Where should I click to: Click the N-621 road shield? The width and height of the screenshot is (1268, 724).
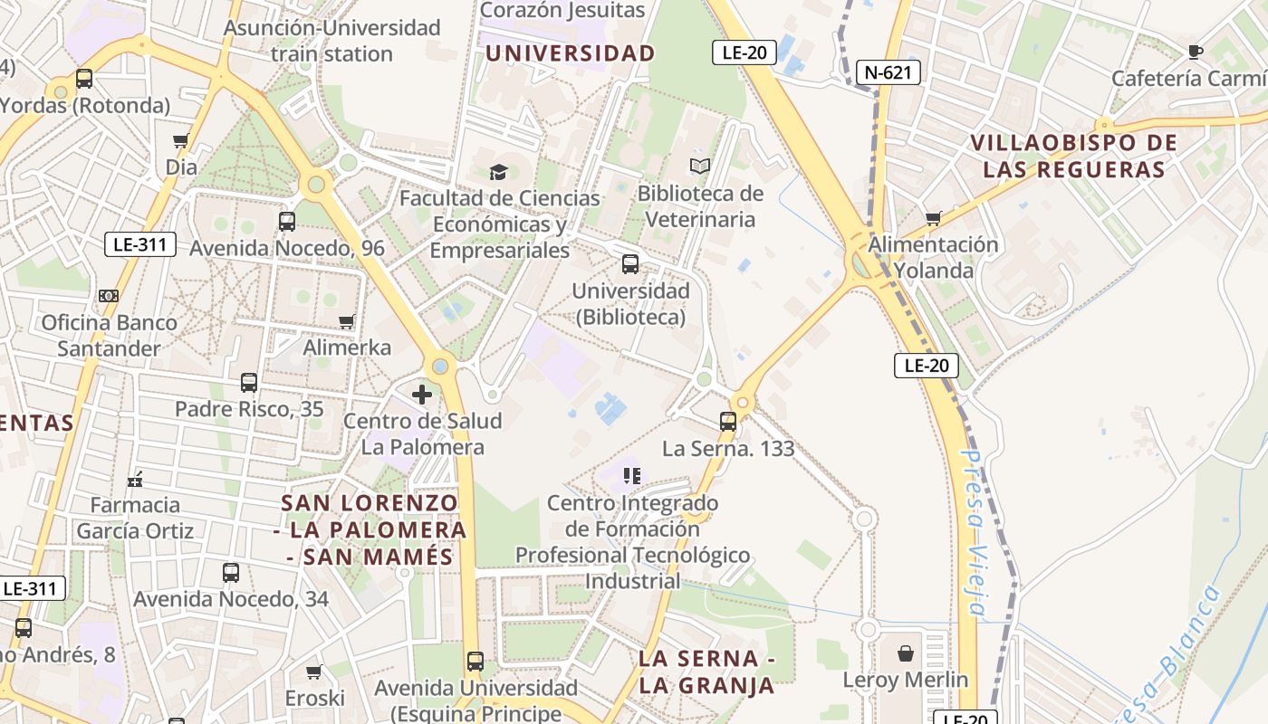pos(888,72)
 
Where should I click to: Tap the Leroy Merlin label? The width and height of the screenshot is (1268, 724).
pos(905,680)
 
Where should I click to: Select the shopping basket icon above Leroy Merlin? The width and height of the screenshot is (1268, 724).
pos(906,653)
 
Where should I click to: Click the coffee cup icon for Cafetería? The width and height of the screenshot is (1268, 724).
pos(1195,52)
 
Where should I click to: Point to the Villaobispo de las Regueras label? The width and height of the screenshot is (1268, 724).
pos(1074,156)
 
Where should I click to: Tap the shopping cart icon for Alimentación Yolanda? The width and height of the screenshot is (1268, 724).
pos(933,218)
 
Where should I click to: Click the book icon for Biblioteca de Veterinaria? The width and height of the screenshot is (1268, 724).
pos(699,167)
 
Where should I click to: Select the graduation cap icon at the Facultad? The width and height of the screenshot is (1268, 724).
pos(498,171)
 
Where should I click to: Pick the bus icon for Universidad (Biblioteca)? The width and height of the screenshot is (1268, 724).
pos(630,264)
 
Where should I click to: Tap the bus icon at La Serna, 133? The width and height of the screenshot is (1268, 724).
pos(728,421)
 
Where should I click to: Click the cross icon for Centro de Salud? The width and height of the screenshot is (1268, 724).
pos(422,395)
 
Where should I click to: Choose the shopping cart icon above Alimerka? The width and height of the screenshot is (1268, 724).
pos(346,321)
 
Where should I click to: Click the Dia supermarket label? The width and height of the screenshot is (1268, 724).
pos(181,167)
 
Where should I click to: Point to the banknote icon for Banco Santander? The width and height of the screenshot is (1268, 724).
pos(109,296)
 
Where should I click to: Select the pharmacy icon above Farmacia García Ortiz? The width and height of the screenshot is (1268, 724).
pos(135,479)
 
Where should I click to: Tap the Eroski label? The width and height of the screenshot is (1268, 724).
pos(315,698)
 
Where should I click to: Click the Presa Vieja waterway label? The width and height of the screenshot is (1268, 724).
pos(975,534)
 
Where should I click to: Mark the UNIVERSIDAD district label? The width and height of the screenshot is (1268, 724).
pos(570,53)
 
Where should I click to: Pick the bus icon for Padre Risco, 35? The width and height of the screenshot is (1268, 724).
pos(249,383)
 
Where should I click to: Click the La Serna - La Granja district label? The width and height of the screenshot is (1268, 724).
pos(706,672)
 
